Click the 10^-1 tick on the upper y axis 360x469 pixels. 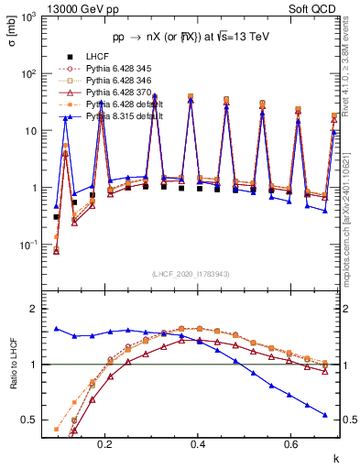coord(36,245)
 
